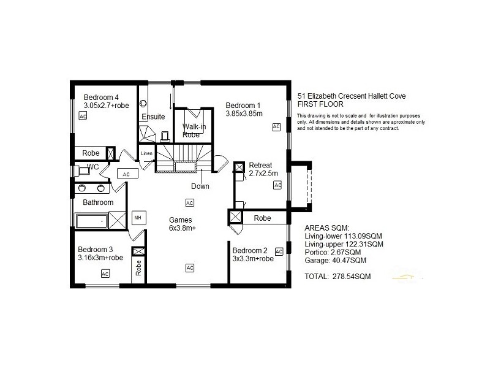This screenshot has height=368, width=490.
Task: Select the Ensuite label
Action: [x=153, y=117]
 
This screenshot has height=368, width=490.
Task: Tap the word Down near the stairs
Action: [x=200, y=186]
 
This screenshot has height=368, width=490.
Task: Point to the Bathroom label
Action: [x=99, y=202]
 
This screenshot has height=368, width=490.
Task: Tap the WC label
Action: [x=92, y=167]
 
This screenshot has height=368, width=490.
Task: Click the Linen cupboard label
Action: [x=146, y=153]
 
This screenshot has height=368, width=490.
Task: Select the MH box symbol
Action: [x=137, y=217]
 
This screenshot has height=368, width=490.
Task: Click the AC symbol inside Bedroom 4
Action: [x=83, y=117]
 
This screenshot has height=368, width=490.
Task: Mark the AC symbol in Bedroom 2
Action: [x=279, y=251]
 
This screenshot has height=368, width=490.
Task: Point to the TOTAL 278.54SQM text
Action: [x=337, y=277]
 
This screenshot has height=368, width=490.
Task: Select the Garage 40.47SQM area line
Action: [x=335, y=260]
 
